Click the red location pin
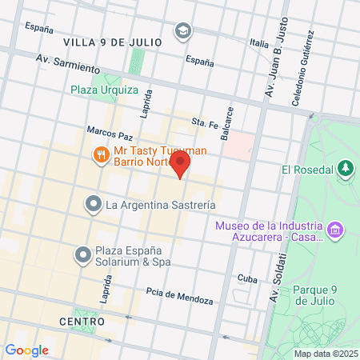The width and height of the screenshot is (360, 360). point(181,166)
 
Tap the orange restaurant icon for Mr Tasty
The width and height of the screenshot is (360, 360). point(101,154)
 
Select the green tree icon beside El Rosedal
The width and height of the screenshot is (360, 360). point(345,168)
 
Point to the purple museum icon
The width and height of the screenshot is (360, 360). point(335,230)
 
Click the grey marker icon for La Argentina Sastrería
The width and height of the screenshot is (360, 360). point(94,205)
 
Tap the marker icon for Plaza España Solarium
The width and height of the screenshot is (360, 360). point(82,255)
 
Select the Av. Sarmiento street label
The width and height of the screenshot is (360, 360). point(67,62)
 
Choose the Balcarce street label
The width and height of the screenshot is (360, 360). point(230,120)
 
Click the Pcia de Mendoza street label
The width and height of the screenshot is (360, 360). point(180,296)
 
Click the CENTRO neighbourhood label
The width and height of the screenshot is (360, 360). point(82,321)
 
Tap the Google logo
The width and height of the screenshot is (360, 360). point(26,350)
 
